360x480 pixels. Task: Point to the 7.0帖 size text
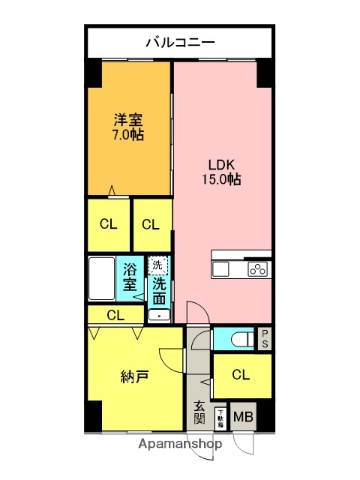[128, 134]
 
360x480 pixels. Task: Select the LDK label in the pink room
[220, 164]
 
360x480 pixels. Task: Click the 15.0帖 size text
[220, 180]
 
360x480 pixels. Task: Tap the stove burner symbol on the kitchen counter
[257, 268]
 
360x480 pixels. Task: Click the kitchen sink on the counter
[223, 268]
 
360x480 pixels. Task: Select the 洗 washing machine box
[157, 266]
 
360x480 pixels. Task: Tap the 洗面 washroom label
[159, 291]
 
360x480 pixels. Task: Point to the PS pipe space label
[264, 340]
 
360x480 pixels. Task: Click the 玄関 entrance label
[199, 411]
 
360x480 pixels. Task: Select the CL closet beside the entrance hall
[241, 375]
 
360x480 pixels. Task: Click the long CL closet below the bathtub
[116, 315]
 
